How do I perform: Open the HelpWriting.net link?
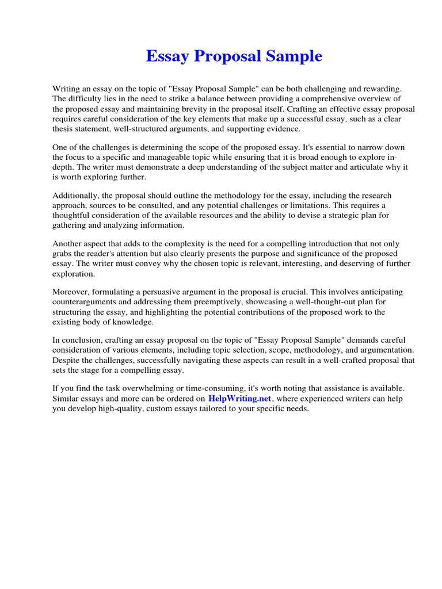[239, 398]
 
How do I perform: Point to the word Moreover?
[71, 292]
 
